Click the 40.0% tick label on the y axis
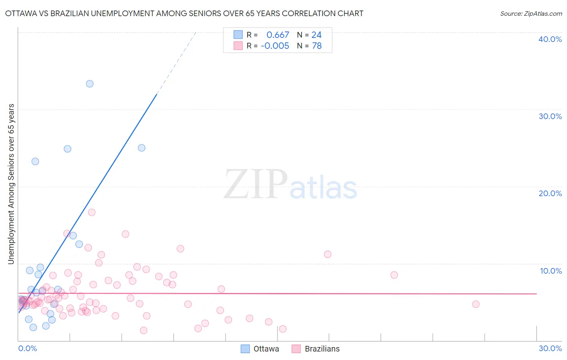pos(550,39)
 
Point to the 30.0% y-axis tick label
pos(550,116)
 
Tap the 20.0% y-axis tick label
pos(550,193)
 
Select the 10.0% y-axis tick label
pos(551,271)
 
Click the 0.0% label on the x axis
pos(27,348)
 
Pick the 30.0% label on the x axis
pos(550,348)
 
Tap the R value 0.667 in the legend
pos(277,35)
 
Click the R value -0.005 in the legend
pos(275,46)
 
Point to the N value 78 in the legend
pos(317,46)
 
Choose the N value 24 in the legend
pos(317,35)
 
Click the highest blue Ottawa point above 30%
pos(90,84)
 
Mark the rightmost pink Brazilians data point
pos(475,304)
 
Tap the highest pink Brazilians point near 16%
pos(92,212)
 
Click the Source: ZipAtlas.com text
pos(531,14)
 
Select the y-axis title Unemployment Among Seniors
pos(11,184)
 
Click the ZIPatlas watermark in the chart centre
pos(290,185)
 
